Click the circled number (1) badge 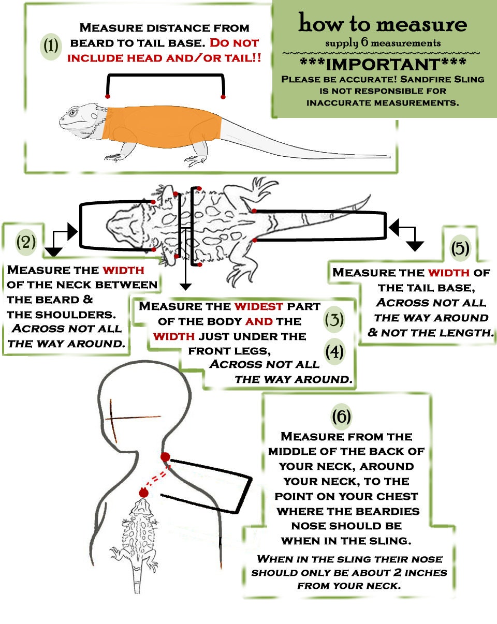pos(51,47)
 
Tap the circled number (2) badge pos(26,242)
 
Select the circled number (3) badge pos(334,320)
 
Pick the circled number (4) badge pos(334,352)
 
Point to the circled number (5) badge pos(460,248)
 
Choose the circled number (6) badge pos(341,417)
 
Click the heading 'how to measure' pos(383,23)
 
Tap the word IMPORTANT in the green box pos(383,65)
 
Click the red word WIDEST pos(258,306)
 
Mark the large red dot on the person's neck pos(165,457)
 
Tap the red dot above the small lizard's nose pos(143,493)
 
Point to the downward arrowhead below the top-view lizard pos(185,287)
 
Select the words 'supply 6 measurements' pos(383,43)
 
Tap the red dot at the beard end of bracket pos(108,96)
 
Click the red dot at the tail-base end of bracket pos(223,97)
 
